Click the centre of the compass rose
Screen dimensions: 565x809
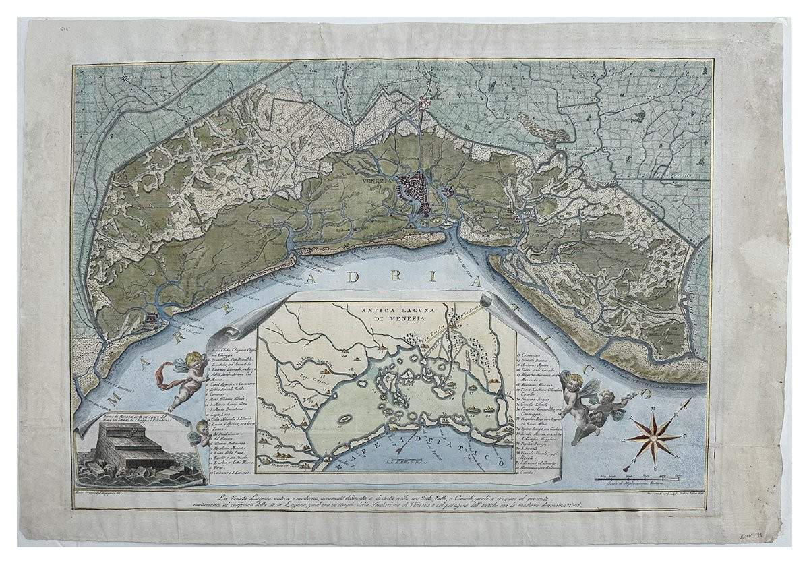click(x=652, y=438)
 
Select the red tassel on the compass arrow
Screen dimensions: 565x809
click(x=626, y=467)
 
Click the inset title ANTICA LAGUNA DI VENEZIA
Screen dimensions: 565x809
click(x=388, y=314)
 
